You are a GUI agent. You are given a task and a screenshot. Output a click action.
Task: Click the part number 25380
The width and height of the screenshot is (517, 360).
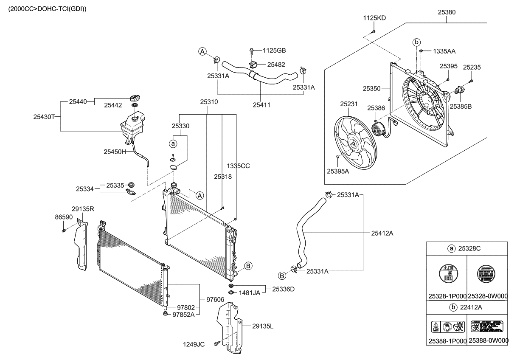click(x=447, y=13)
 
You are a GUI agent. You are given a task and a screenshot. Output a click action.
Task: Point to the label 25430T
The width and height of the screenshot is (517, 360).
click(x=44, y=116)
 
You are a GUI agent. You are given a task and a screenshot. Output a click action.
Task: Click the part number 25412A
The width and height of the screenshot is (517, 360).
click(x=382, y=233)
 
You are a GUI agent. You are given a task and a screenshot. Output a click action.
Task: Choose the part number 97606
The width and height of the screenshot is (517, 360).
click(x=216, y=300)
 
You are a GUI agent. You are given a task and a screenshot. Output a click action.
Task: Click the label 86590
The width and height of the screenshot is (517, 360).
click(x=64, y=217)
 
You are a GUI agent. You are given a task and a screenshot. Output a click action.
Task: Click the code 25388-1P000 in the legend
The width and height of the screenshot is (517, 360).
click(x=447, y=340)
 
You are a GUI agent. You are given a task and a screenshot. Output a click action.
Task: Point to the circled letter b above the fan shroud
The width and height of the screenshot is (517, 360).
click(x=417, y=42)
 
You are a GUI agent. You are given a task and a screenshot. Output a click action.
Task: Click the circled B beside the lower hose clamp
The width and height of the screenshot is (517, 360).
click(x=282, y=276)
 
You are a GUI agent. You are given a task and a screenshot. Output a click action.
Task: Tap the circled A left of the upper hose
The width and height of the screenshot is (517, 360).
click(x=202, y=51)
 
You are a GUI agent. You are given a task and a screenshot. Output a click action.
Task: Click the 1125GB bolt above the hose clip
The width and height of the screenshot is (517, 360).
click(x=253, y=51)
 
